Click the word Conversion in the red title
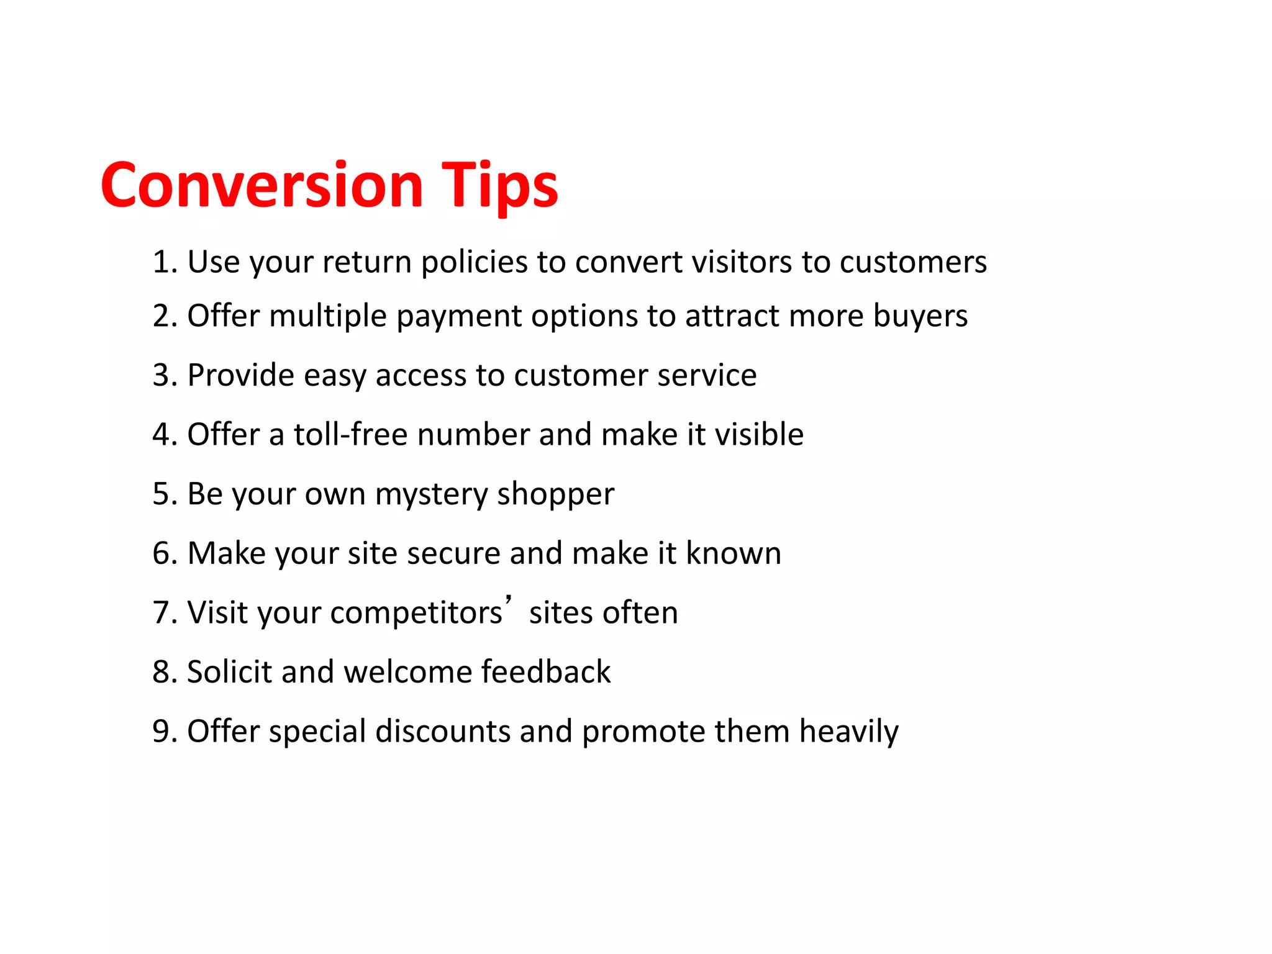tap(261, 185)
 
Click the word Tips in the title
tap(500, 185)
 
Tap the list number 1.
tap(162, 262)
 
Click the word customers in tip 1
tap(913, 262)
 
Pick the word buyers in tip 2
tap(920, 317)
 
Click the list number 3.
tap(162, 375)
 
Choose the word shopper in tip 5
tap(555, 495)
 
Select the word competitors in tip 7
tap(416, 613)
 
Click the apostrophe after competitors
tap(509, 600)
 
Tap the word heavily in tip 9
tap(848, 732)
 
